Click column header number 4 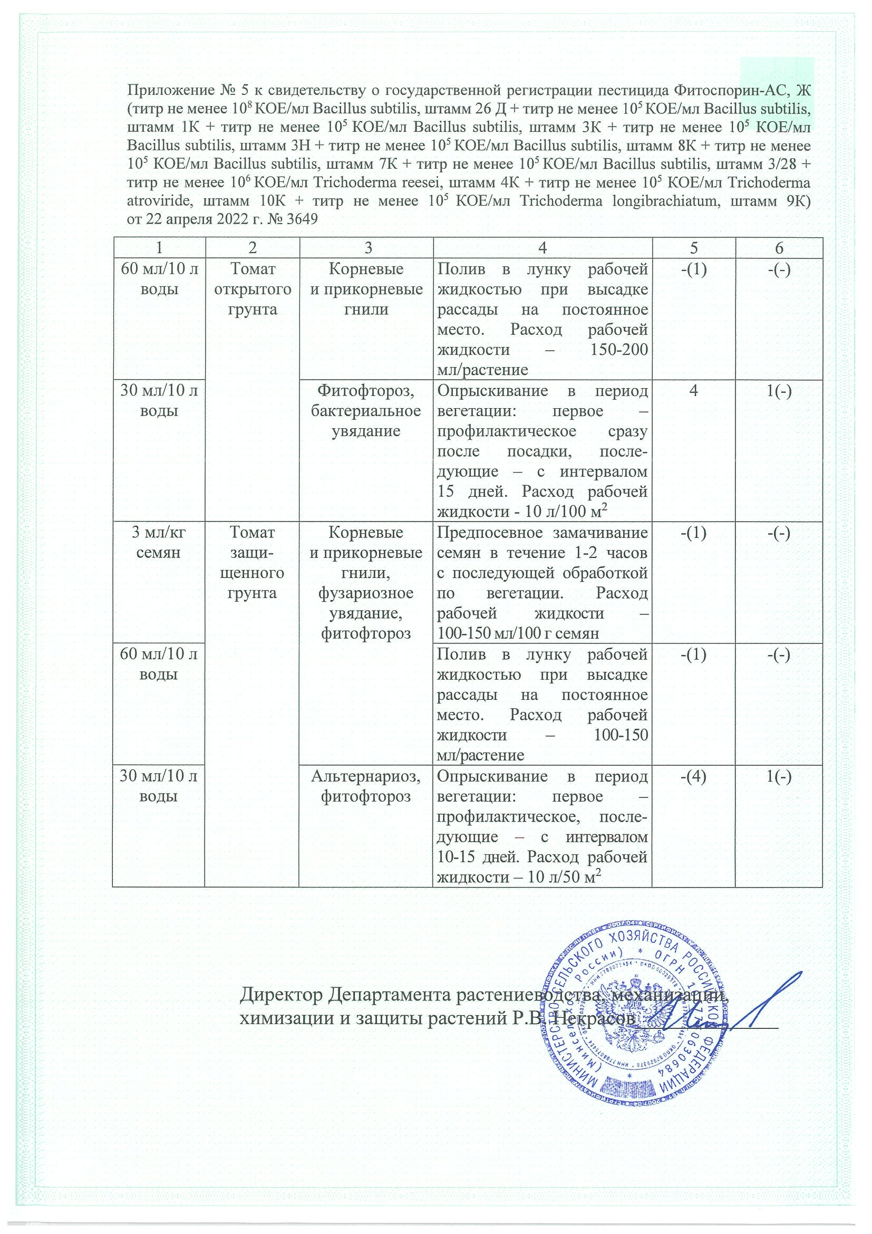(542, 248)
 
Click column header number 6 (779, 248)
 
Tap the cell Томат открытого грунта (253, 289)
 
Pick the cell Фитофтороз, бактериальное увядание (366, 411)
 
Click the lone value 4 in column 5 (694, 391)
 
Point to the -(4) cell (694, 776)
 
